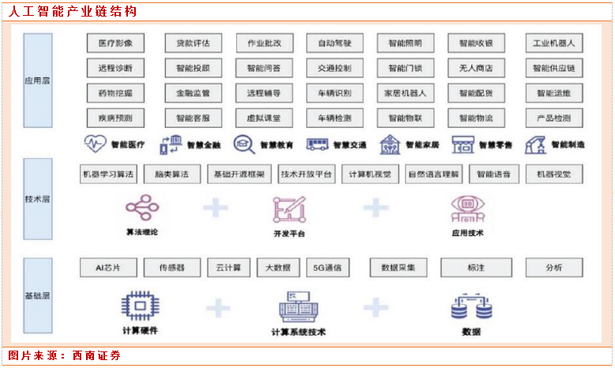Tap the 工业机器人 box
click(x=553, y=43)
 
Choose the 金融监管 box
click(x=193, y=93)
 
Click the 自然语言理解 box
click(x=433, y=174)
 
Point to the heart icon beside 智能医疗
click(x=95, y=145)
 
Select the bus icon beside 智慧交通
click(x=317, y=145)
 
